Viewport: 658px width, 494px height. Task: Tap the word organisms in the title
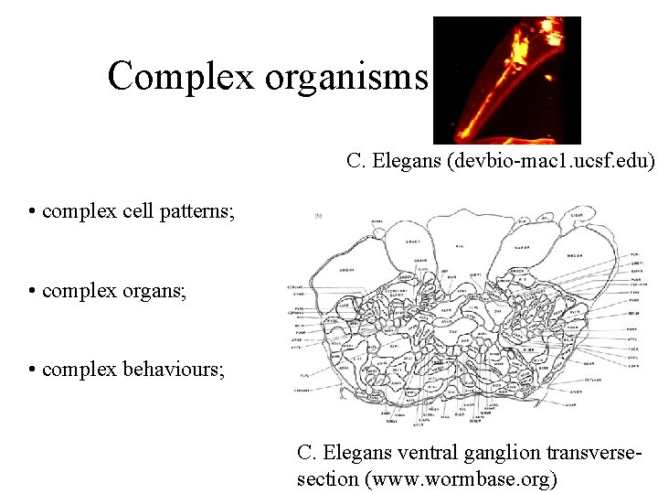[x=346, y=76]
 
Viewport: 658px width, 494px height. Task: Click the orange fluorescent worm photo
[x=506, y=80]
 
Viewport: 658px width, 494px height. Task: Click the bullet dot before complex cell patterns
[x=32, y=213]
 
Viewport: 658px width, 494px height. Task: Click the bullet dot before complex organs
[x=32, y=292]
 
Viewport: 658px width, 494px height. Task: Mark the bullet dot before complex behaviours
[x=32, y=370]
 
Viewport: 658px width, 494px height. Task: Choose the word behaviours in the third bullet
[x=177, y=370]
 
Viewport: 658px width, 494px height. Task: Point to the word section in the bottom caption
[x=324, y=478]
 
